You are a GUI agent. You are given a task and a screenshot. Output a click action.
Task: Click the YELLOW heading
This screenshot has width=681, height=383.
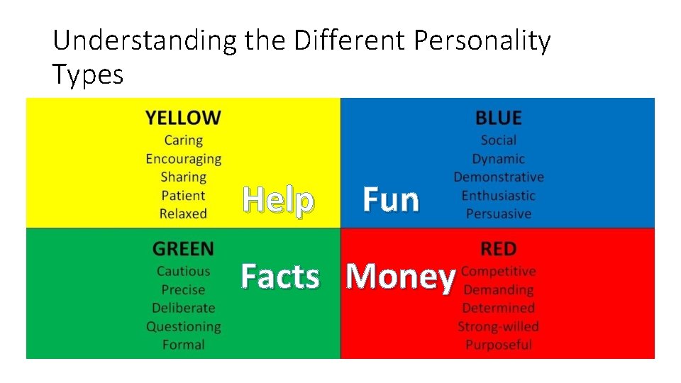click(183, 118)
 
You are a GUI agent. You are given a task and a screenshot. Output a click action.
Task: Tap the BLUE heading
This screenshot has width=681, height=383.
click(498, 118)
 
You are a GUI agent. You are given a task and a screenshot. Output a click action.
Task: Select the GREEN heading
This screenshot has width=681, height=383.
click(183, 249)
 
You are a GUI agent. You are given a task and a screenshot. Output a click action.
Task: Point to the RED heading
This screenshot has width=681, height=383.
click(498, 249)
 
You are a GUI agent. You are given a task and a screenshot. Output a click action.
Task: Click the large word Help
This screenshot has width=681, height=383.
click(278, 201)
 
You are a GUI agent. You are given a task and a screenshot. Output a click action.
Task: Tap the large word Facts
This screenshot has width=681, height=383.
click(280, 277)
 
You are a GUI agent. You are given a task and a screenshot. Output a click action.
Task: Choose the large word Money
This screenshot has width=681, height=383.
click(400, 277)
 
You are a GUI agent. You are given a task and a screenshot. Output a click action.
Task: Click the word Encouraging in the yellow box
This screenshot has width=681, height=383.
click(183, 159)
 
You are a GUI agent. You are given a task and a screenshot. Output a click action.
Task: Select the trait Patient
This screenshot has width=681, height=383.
click(183, 195)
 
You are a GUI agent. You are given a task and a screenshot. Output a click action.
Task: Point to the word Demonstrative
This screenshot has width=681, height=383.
click(498, 177)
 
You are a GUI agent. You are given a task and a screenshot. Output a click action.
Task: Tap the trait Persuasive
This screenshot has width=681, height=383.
click(498, 213)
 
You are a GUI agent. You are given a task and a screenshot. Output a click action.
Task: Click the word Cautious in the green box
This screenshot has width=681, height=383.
click(183, 271)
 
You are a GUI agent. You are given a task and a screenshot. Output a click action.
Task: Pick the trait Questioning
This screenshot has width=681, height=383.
click(183, 326)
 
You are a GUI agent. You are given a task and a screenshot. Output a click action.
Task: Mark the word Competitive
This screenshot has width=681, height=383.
click(498, 271)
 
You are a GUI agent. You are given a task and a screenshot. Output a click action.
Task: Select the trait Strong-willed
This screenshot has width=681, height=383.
click(498, 326)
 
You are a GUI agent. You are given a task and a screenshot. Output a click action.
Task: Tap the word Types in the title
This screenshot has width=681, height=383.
click(87, 74)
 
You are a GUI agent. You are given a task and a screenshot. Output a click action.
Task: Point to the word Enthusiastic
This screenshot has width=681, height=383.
click(498, 195)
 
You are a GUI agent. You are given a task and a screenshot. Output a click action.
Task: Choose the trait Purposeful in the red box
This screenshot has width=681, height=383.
click(498, 345)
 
